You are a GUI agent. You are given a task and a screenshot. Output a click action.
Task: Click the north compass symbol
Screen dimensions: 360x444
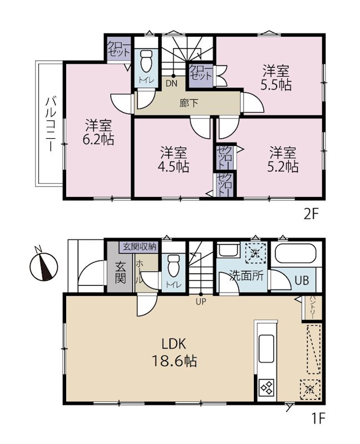point(43,266)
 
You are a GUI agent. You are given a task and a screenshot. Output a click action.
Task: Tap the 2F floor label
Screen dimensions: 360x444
point(311,215)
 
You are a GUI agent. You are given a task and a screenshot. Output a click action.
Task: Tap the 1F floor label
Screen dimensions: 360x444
point(318,419)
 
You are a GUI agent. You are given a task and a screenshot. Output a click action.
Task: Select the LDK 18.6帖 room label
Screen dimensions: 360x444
point(174,352)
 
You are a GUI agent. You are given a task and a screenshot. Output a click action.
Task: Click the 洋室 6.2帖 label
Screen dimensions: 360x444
point(98,132)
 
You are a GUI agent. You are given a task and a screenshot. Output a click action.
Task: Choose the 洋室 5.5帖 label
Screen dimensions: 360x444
point(276,77)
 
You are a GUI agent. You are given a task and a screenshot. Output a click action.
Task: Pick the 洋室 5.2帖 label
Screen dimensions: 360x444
point(283,159)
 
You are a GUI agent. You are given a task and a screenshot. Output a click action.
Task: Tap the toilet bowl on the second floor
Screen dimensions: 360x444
point(146,61)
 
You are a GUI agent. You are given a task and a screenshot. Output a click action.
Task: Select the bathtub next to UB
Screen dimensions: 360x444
point(295,254)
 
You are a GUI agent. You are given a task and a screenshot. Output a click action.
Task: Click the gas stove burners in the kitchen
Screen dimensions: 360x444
point(267,387)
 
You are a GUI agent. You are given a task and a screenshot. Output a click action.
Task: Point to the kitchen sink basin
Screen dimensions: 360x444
point(267,349)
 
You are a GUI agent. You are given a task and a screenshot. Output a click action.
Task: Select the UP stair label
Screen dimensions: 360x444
point(201,302)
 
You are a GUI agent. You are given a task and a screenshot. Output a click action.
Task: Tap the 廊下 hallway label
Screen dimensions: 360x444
point(189,103)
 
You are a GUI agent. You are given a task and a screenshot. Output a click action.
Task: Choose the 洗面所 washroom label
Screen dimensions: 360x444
point(247,275)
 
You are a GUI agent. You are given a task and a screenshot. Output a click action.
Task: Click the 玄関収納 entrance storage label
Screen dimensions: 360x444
point(139,247)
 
